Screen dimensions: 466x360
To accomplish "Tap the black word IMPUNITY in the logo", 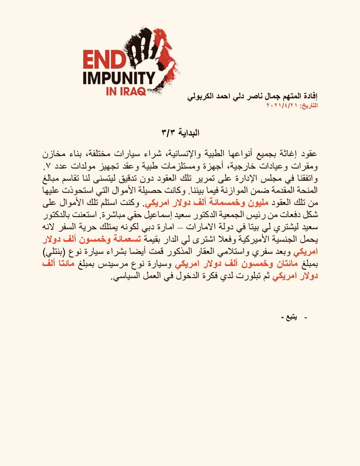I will (x=119, y=79).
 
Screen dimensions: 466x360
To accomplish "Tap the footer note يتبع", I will (x=290, y=317).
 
